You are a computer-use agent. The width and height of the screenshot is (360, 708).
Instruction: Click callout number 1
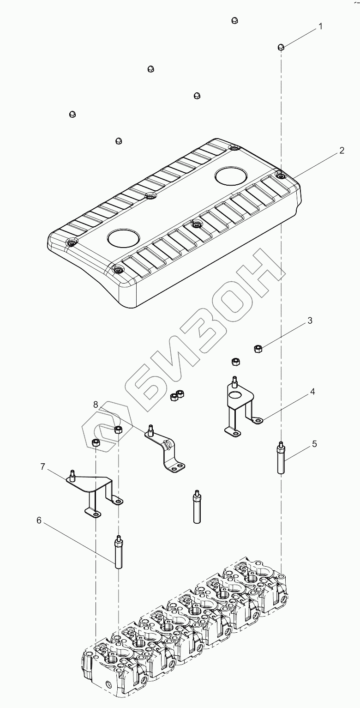click(x=320, y=26)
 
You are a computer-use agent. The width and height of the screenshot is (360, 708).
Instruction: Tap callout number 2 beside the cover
click(x=342, y=151)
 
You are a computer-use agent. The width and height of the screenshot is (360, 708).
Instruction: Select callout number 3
click(x=310, y=321)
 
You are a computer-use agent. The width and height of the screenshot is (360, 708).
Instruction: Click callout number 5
click(x=314, y=444)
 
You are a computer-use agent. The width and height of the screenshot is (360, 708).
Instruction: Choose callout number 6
click(x=39, y=520)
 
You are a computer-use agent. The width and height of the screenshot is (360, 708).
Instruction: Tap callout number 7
click(x=43, y=467)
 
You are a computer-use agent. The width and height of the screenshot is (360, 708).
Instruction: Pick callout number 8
click(x=96, y=404)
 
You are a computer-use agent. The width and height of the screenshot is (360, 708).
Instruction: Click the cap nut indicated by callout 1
click(x=281, y=47)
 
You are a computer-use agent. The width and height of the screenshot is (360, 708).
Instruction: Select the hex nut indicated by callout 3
click(x=258, y=348)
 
